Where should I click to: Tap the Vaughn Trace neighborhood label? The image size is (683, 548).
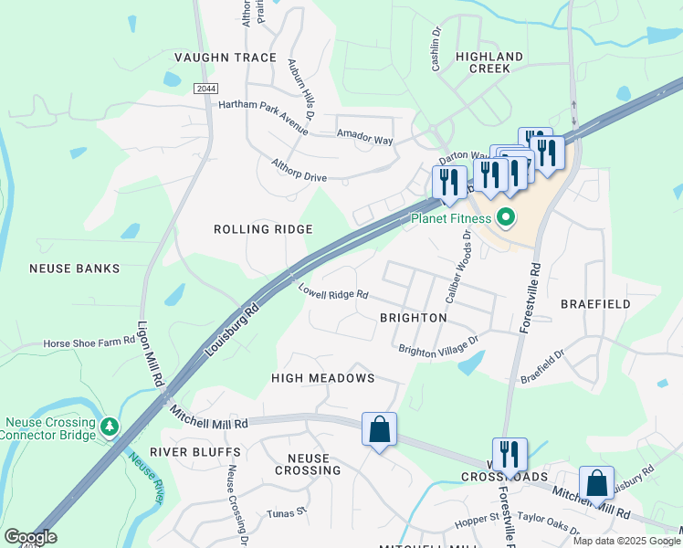click(x=236, y=58)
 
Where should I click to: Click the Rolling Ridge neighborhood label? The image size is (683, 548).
click(x=263, y=229)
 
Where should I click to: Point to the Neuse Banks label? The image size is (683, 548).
click(x=75, y=269)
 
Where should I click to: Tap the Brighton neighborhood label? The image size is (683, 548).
click(x=413, y=318)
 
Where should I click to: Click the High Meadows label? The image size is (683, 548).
click(x=323, y=378)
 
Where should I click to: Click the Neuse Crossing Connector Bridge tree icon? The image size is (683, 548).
click(x=110, y=427)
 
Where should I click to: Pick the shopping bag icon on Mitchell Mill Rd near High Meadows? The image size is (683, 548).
click(x=379, y=428)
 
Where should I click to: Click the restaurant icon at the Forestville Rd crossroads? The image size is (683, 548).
click(x=509, y=454)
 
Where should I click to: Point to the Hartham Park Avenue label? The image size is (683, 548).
click(x=263, y=104)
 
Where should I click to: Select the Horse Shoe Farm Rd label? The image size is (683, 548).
click(x=89, y=343)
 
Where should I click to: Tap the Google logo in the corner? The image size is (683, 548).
click(x=30, y=537)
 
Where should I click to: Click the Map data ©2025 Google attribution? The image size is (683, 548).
click(x=626, y=541)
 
